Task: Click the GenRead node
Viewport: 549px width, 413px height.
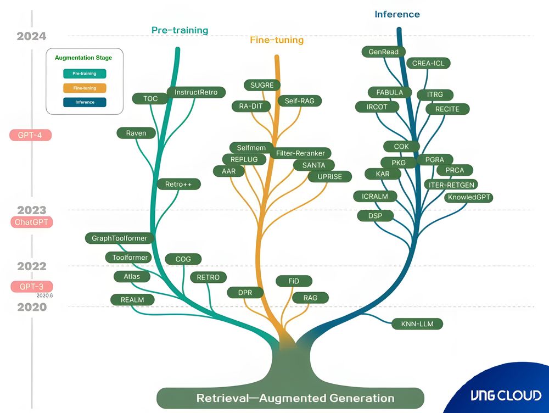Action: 384,52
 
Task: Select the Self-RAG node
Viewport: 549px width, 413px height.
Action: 299,101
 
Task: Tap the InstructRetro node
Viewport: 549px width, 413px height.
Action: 196,92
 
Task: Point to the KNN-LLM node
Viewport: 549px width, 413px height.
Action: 417,324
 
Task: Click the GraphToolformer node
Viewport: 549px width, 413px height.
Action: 120,238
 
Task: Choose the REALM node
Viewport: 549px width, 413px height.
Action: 132,299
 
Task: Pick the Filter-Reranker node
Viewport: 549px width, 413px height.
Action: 300,153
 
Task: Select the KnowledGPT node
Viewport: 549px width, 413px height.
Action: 469,197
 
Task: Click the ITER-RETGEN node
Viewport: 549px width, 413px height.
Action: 452,185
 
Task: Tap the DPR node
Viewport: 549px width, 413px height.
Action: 245,293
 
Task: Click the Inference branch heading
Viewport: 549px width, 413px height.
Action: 397,14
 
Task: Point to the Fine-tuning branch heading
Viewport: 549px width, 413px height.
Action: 277,40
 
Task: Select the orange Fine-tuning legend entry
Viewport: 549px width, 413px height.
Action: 85,88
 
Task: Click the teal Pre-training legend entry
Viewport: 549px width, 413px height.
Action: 85,74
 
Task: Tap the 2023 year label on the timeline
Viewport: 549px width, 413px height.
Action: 31,210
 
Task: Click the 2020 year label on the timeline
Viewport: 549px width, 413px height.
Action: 31,307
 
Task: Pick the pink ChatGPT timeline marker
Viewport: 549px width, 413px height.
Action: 31,222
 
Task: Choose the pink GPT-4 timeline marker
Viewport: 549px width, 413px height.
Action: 31,135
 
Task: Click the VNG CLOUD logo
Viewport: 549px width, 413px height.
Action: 506,395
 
